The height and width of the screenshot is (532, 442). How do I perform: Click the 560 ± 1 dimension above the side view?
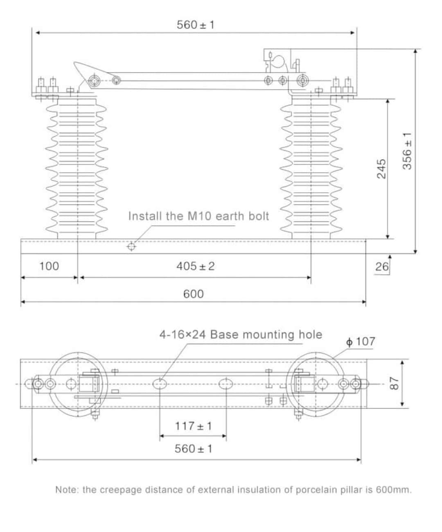click(x=195, y=25)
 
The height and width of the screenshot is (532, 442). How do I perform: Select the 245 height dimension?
click(x=381, y=168)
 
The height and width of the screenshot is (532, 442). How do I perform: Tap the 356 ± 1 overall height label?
click(x=407, y=151)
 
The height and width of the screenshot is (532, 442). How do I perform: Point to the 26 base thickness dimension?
click(x=381, y=267)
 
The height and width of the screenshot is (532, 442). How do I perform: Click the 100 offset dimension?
click(x=49, y=266)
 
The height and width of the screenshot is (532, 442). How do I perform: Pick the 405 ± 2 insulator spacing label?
click(x=195, y=266)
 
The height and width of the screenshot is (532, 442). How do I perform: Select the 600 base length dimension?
click(x=193, y=294)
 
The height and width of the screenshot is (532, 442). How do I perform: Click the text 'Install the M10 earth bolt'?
click(x=198, y=216)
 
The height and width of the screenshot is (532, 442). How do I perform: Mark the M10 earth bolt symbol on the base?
click(x=131, y=247)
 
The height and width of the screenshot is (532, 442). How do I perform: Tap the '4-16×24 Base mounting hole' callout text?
click(x=241, y=335)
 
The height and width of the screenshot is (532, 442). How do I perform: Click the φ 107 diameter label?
click(x=360, y=341)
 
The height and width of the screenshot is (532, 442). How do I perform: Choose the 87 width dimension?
click(x=394, y=383)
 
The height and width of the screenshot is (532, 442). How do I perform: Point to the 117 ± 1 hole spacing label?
click(x=193, y=426)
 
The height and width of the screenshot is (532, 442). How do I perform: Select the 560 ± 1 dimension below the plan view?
click(x=193, y=449)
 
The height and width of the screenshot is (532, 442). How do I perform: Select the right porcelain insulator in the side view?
click(x=310, y=168)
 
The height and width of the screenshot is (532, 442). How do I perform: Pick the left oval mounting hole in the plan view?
click(x=160, y=384)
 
